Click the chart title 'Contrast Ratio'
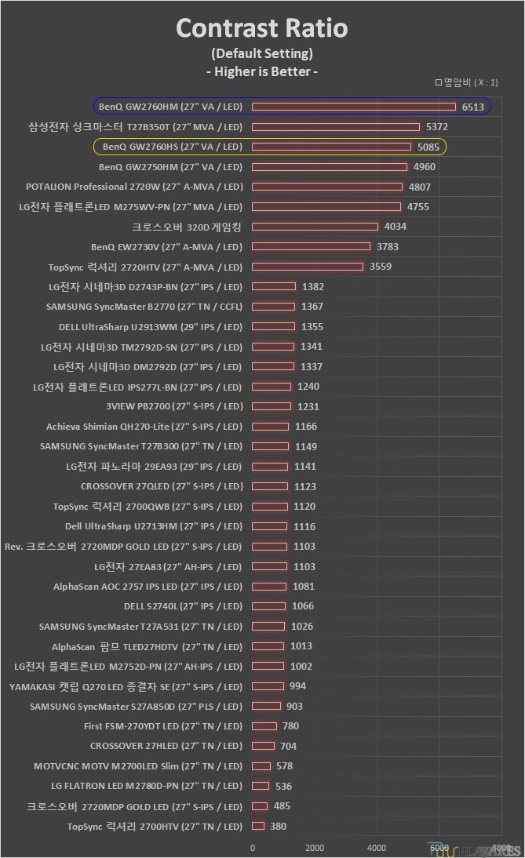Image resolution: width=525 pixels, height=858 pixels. tap(261, 29)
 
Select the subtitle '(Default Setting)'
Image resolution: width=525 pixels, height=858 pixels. tap(261, 53)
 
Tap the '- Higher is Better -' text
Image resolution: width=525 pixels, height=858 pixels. tap(261, 71)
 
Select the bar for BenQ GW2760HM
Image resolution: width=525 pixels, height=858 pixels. tap(353, 107)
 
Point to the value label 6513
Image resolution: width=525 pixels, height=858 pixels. tap(473, 107)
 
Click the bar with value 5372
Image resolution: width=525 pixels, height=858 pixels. tap(336, 126)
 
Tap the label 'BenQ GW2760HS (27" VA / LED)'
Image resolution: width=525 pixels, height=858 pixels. tap(172, 147)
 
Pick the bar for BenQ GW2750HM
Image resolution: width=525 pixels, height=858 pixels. tap(330, 166)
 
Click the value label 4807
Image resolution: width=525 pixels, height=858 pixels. tap(419, 187)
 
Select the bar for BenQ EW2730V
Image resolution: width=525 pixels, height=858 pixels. tap(311, 246)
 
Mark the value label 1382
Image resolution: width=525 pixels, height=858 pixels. tap(312, 286)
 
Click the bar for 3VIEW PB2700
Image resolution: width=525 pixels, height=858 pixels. tap(272, 406)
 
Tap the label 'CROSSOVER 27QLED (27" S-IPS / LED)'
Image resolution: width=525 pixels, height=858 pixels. tap(161, 486)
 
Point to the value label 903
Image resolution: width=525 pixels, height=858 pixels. tap(294, 706)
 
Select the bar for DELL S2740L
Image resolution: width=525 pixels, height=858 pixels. tap(269, 605)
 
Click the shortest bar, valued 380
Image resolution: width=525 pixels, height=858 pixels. tap(258, 826)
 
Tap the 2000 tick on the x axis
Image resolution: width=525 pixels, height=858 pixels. tap(315, 847)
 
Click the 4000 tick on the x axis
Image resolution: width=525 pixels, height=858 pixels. tap(377, 847)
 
